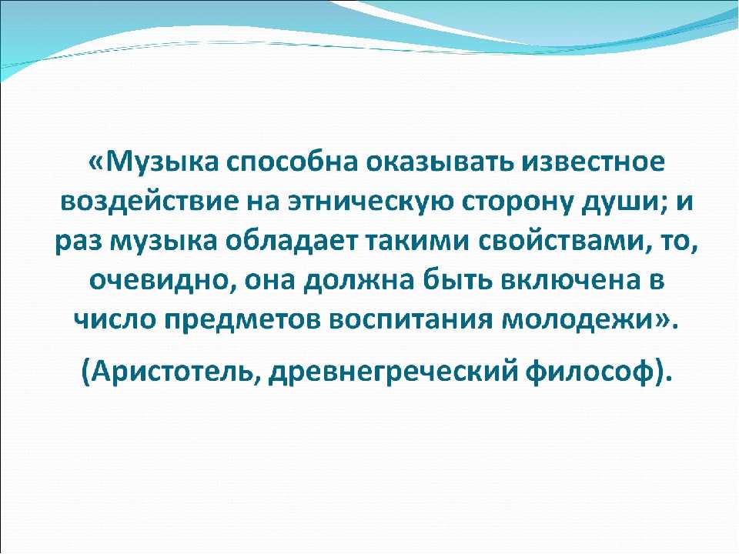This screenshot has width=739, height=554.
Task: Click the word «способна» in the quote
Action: (290, 162)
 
